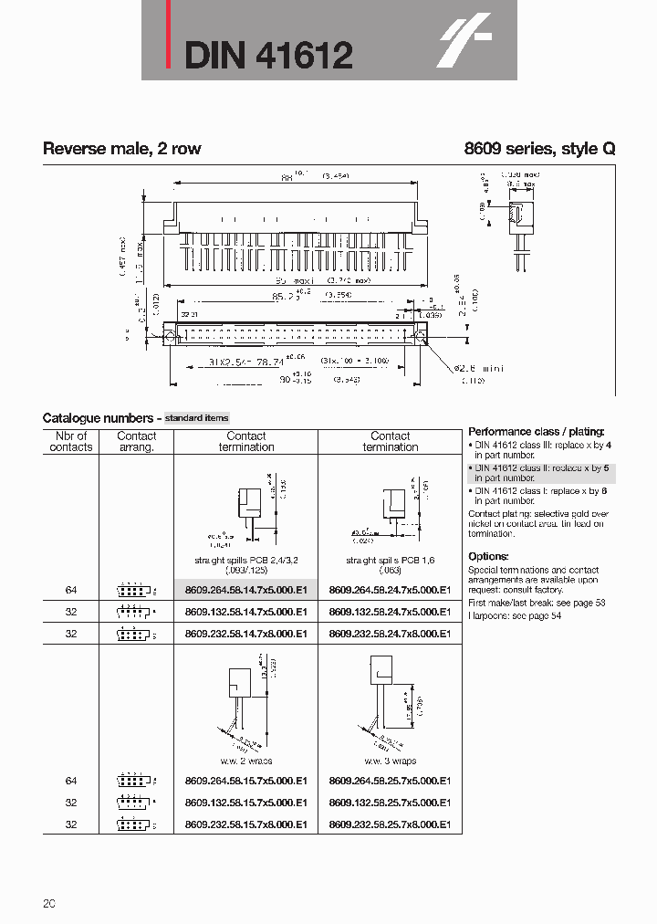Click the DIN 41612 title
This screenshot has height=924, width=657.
pyautogui.click(x=268, y=56)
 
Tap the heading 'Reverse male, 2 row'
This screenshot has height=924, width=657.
pyautogui.click(x=121, y=149)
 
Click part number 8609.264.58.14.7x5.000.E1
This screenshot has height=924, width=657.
pyautogui.click(x=245, y=590)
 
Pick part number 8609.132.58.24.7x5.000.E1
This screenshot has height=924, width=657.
pyautogui.click(x=390, y=612)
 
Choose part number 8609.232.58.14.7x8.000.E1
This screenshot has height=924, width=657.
pyautogui.click(x=245, y=633)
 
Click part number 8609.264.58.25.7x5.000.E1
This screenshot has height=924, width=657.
pyautogui.click(x=390, y=781)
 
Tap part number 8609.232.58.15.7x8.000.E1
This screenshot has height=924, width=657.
pyautogui.click(x=245, y=824)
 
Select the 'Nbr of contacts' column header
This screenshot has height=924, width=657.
pyautogui.click(x=71, y=442)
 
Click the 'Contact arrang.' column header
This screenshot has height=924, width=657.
pyautogui.click(x=137, y=442)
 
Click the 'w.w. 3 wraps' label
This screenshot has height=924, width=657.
pyautogui.click(x=391, y=761)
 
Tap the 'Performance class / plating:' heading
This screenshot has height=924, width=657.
pyautogui.click(x=536, y=431)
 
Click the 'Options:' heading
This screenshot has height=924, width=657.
pyautogui.click(x=488, y=556)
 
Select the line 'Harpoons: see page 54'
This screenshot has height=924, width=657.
pyautogui.click(x=515, y=615)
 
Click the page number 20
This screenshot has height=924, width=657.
pyautogui.click(x=49, y=904)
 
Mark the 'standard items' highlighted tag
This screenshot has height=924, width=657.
pyautogui.click(x=197, y=417)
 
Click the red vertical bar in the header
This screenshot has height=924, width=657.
pyautogui.click(x=167, y=36)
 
